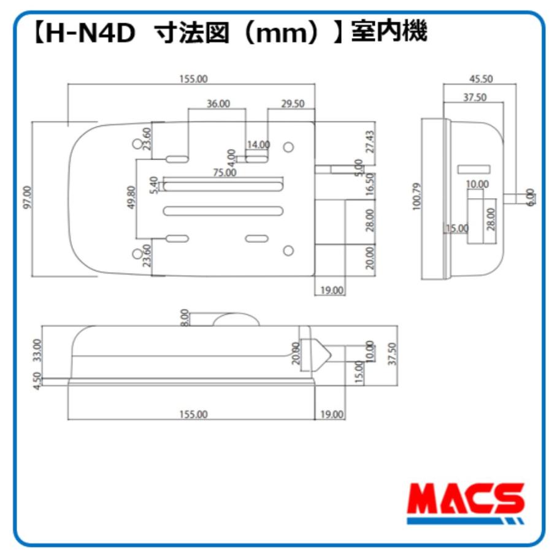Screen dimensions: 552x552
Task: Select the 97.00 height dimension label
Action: point(26,197)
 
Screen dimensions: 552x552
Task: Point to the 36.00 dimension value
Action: point(218,104)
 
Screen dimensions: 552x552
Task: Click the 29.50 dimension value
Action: point(293,104)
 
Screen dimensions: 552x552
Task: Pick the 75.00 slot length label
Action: point(225,173)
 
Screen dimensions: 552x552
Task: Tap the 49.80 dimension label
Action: point(130,198)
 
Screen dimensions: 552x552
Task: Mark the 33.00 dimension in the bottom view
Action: point(37,351)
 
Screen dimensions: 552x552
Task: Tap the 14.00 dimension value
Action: point(258,145)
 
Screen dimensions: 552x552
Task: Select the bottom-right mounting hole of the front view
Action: point(288,250)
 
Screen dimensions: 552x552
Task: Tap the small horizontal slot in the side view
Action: point(474,169)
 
